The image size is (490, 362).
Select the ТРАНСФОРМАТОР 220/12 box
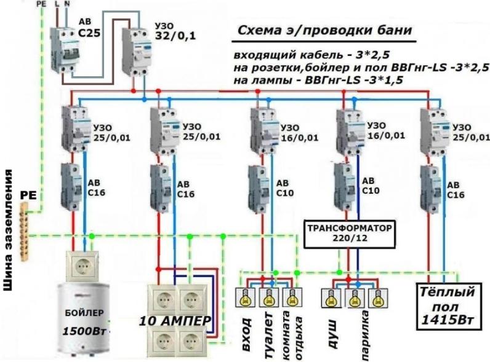[349, 233]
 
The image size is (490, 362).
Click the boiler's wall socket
[82, 265]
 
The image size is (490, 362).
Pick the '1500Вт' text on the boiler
[82, 330]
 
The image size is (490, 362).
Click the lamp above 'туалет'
[268, 299]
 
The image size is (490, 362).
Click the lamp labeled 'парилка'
[353, 299]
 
